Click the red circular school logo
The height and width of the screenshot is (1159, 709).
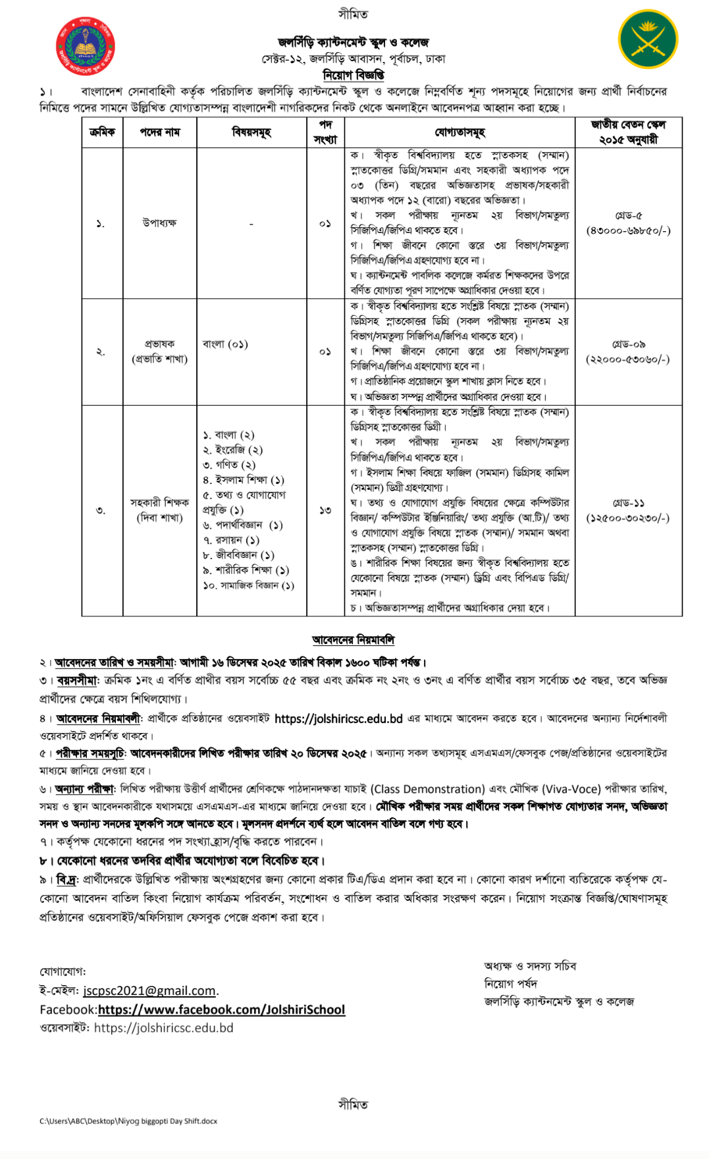click(86, 46)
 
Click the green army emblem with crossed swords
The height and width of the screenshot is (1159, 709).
click(648, 40)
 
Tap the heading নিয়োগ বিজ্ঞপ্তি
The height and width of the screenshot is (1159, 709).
click(354, 75)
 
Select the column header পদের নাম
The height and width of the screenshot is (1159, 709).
click(159, 132)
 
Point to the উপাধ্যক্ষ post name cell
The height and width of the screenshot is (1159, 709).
click(159, 223)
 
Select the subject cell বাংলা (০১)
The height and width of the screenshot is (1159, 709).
click(225, 344)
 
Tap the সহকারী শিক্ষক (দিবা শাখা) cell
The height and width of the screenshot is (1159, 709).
click(159, 510)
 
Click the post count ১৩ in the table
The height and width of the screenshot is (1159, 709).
click(325, 510)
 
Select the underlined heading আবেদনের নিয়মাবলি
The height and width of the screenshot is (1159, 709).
click(354, 639)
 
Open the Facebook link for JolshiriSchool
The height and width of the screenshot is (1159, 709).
click(221, 1010)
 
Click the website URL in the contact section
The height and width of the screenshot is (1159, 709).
click(163, 1028)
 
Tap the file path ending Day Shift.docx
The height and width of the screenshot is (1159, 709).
click(128, 1121)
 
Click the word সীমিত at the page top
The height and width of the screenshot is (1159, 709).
click(354, 14)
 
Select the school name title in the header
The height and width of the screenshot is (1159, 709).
click(354, 43)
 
